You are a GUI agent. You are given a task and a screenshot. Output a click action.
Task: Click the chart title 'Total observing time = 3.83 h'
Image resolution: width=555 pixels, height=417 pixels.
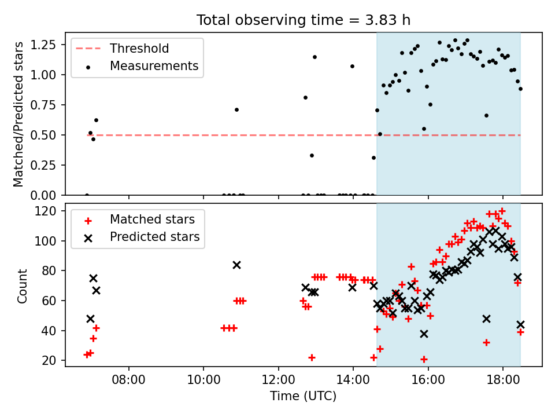pos(304,20)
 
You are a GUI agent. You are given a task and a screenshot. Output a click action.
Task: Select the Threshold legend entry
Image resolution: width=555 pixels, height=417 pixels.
pos(122,49)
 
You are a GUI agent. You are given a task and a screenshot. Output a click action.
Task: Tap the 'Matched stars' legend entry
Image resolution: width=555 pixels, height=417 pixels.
pos(140,220)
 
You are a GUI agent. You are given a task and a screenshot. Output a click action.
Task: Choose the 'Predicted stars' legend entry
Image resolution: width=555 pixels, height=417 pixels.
pos(142,237)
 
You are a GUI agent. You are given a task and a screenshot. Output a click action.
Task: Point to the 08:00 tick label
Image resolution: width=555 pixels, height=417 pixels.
pos(128,380)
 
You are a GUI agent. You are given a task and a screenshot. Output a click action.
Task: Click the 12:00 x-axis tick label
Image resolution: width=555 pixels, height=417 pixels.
pos(278,380)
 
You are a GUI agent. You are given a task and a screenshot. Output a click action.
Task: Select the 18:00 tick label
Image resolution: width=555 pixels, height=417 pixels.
pos(503,380)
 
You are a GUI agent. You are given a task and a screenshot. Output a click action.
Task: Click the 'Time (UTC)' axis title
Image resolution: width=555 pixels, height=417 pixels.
pos(304,396)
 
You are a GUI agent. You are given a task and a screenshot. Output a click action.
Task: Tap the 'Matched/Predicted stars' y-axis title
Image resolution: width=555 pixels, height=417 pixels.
pos(18,114)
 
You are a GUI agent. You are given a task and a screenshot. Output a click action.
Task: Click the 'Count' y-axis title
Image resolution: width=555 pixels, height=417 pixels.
pos(22,286)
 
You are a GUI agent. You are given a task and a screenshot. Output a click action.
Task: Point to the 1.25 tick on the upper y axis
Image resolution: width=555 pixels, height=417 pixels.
pos(43,45)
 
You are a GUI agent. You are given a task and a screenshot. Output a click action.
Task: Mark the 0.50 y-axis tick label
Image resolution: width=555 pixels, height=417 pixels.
pos(43,135)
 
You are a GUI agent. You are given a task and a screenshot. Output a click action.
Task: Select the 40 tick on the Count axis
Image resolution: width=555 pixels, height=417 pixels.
pos(50,331)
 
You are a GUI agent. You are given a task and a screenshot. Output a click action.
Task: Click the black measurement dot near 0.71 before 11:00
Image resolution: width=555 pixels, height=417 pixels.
pos(237,110)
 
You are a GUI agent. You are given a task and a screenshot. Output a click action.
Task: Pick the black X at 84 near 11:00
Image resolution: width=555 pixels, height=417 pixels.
pos(237,265)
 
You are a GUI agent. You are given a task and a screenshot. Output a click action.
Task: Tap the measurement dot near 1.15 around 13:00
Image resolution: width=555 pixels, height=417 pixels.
pos(314,57)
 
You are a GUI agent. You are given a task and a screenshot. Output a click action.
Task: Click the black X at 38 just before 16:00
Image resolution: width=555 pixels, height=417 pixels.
pos(424,334)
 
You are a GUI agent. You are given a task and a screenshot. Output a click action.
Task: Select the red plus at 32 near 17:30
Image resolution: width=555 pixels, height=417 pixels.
pos(487,342)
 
